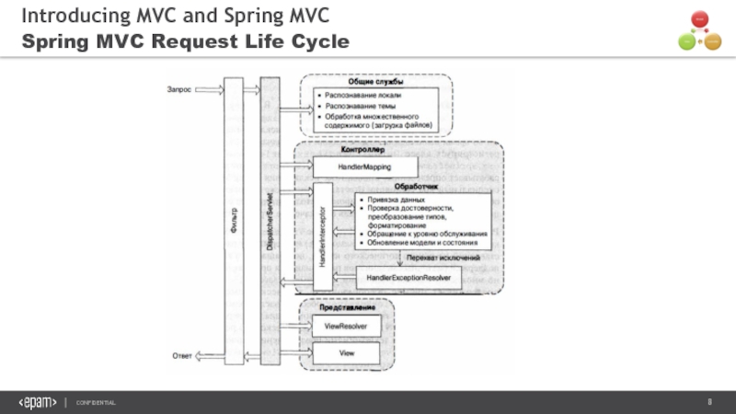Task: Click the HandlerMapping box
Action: [364, 167]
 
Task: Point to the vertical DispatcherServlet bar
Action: [270, 221]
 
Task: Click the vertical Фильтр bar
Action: [233, 221]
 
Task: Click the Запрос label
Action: [178, 89]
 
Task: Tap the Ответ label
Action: [181, 355]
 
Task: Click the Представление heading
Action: [340, 307]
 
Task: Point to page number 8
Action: [709, 403]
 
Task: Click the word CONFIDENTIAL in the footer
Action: [96, 404]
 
